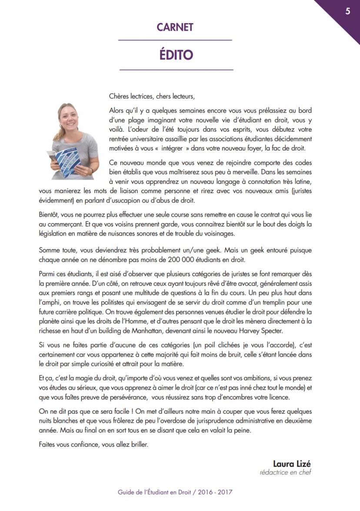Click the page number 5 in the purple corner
pos(348,11)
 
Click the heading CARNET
pos(175,27)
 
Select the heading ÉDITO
pos(175,55)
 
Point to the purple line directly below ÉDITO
pos(176,70)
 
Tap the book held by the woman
pos(66,161)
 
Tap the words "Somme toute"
pos(56,250)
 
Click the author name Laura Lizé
pos(292,463)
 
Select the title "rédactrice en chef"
pos(286,472)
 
